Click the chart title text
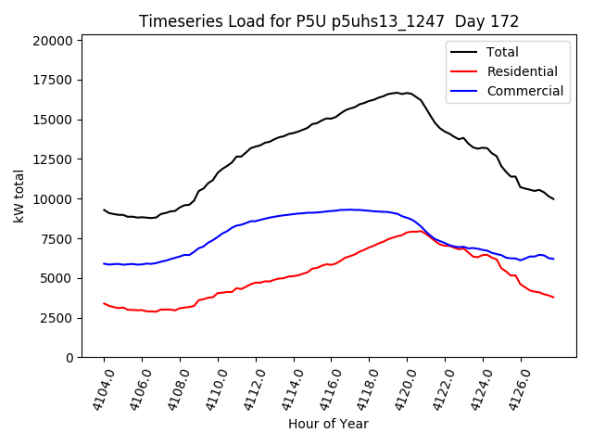(x=329, y=21)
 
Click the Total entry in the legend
(x=502, y=53)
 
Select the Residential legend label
(x=522, y=71)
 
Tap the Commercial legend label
(x=524, y=91)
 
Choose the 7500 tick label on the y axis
(x=58, y=238)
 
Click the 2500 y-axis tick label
(x=58, y=318)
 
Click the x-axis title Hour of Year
(x=328, y=425)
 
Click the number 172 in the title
(x=506, y=21)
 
